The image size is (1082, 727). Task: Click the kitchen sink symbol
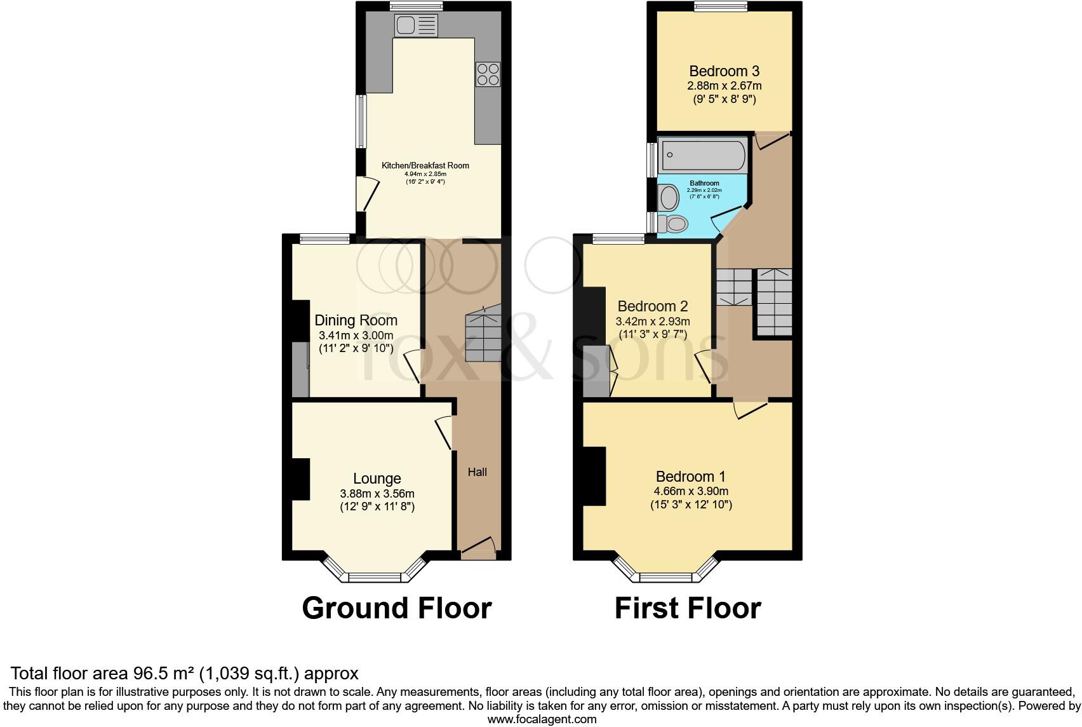coord(416,25)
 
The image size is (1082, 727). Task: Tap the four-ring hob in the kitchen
coord(488,74)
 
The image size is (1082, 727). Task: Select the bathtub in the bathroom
coord(702,154)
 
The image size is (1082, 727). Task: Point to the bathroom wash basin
coord(669,197)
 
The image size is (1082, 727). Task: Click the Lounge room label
coord(377,479)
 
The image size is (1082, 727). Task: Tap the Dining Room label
coord(356,320)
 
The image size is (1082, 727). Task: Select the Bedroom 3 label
coord(724,71)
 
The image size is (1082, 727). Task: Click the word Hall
coord(478,472)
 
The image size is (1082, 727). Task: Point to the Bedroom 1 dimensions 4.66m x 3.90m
coord(691,491)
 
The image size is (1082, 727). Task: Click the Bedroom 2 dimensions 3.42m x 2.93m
coord(653,322)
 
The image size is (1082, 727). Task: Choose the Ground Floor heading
coord(397,608)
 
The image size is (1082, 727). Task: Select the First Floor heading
coord(688,608)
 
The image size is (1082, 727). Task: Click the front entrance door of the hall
coord(479,548)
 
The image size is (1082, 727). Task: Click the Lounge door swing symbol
coord(445,432)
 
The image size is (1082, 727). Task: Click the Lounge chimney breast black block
coord(300,478)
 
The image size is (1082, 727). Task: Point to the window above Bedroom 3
coord(720,7)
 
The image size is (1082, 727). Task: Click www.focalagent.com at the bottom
coord(542,719)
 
